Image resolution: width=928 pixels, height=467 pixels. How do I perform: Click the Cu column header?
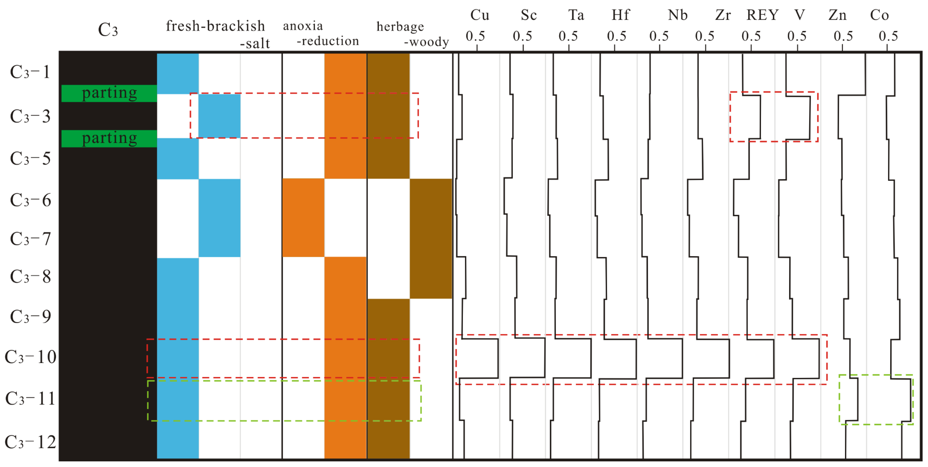pyautogui.click(x=479, y=15)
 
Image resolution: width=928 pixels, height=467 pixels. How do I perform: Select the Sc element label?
pyautogui.click(x=529, y=15)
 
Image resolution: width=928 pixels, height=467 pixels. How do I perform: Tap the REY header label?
pyautogui.click(x=762, y=15)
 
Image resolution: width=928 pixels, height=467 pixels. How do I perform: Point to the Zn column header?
pyautogui.click(x=837, y=15)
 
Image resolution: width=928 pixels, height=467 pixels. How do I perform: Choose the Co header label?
pyautogui.click(x=879, y=15)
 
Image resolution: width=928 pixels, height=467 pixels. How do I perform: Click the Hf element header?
pyautogui.click(x=620, y=15)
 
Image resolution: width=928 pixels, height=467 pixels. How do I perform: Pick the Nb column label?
pyautogui.click(x=677, y=15)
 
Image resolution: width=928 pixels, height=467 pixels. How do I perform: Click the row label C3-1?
pyautogui.click(x=30, y=72)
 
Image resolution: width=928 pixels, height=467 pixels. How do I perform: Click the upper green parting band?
pyautogui.click(x=109, y=93)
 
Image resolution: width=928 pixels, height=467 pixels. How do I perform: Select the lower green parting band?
pyautogui.click(x=109, y=138)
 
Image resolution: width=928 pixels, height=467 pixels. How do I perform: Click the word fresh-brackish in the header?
pyautogui.click(x=215, y=26)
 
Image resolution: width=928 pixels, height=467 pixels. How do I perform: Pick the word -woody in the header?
pyautogui.click(x=426, y=42)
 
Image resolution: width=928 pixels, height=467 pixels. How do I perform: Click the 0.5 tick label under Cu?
pyautogui.click(x=475, y=36)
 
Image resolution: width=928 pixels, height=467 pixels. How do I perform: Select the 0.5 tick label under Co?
pyautogui.click(x=888, y=36)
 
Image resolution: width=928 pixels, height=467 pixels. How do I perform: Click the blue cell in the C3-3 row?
pyautogui.click(x=219, y=116)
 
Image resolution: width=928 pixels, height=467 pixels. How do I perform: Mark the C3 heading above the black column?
pyautogui.click(x=108, y=30)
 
